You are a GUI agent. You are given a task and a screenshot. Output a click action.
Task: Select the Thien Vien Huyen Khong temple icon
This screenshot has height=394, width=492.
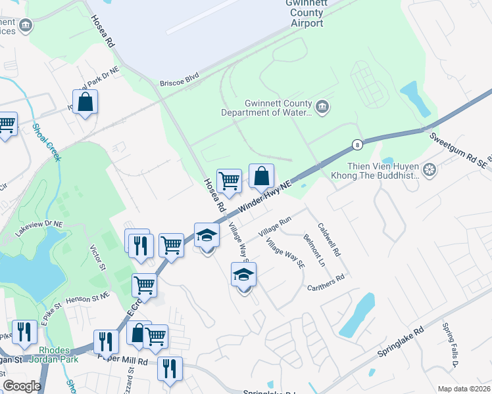pos(430,171)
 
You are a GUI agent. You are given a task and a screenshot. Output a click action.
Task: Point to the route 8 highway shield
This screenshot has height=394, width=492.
pos(357,144)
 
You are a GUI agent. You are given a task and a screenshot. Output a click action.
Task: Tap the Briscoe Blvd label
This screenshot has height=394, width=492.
pos(179,84)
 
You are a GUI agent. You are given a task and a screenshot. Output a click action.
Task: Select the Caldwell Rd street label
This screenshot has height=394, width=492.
pos(328,240)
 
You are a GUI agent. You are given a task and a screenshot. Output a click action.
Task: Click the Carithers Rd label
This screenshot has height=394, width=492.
pos(326,282)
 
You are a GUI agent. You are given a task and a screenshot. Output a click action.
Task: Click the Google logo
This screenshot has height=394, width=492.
pos(22,387)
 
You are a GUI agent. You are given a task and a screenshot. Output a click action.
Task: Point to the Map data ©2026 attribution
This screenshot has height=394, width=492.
pos(463,389)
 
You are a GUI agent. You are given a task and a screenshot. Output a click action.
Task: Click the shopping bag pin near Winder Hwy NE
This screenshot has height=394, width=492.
pos(261,176)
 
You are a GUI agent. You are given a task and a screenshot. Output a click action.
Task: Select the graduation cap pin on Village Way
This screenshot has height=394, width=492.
pos(243,274)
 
